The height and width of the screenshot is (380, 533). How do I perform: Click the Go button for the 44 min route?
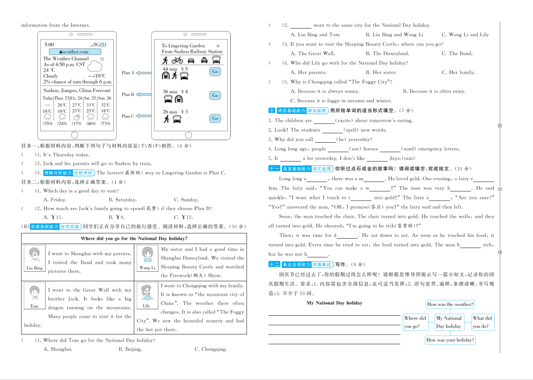pos(215,72)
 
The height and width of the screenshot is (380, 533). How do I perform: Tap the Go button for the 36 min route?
pos(215,95)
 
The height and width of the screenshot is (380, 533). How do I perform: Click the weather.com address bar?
pos(72,52)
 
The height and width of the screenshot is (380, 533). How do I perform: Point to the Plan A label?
pos(128,73)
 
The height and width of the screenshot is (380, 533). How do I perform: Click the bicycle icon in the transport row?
pos(177,60)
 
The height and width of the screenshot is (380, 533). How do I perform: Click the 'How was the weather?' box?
pos(450,304)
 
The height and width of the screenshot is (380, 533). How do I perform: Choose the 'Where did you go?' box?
pos(415,322)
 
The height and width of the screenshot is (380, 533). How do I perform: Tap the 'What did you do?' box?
pos(482,322)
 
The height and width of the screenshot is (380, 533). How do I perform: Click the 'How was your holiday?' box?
pos(450,340)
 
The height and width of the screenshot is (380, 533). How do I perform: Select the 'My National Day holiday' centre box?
pos(448,322)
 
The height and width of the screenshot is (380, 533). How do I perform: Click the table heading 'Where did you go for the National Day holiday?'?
pos(134,239)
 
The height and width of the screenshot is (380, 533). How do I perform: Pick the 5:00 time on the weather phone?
pos(49,44)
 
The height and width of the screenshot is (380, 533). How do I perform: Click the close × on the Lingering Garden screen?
pos(218,46)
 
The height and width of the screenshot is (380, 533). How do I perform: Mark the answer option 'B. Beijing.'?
pos(130,349)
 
